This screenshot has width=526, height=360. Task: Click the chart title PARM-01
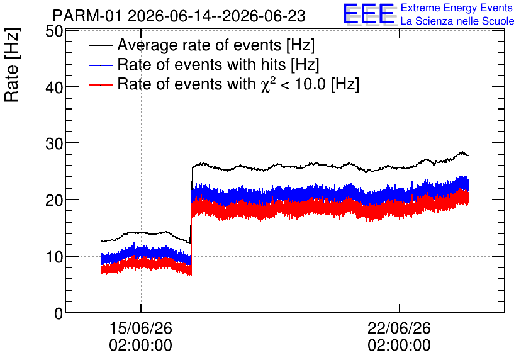(87, 16)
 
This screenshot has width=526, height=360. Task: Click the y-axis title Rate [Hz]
(12, 65)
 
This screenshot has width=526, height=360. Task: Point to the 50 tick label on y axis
(54, 31)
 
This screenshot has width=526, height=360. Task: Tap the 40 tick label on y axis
(54, 87)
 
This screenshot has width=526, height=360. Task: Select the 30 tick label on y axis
(54, 144)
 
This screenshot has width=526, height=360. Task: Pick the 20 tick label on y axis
(54, 200)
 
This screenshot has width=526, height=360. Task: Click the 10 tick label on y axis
(54, 257)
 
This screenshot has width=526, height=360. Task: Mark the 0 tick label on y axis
(59, 313)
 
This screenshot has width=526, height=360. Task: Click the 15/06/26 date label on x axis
(140, 328)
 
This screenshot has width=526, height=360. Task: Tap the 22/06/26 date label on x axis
(399, 328)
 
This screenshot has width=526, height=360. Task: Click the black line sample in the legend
(100, 45)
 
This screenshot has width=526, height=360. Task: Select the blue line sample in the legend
(100, 65)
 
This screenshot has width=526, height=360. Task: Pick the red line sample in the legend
(100, 84)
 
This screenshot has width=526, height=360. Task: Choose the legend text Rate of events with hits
(201, 64)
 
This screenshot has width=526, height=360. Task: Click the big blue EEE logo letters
(369, 14)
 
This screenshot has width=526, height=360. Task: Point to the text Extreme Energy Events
(457, 8)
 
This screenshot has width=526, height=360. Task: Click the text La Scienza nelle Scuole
(457, 21)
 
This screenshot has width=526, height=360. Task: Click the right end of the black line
(468, 155)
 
